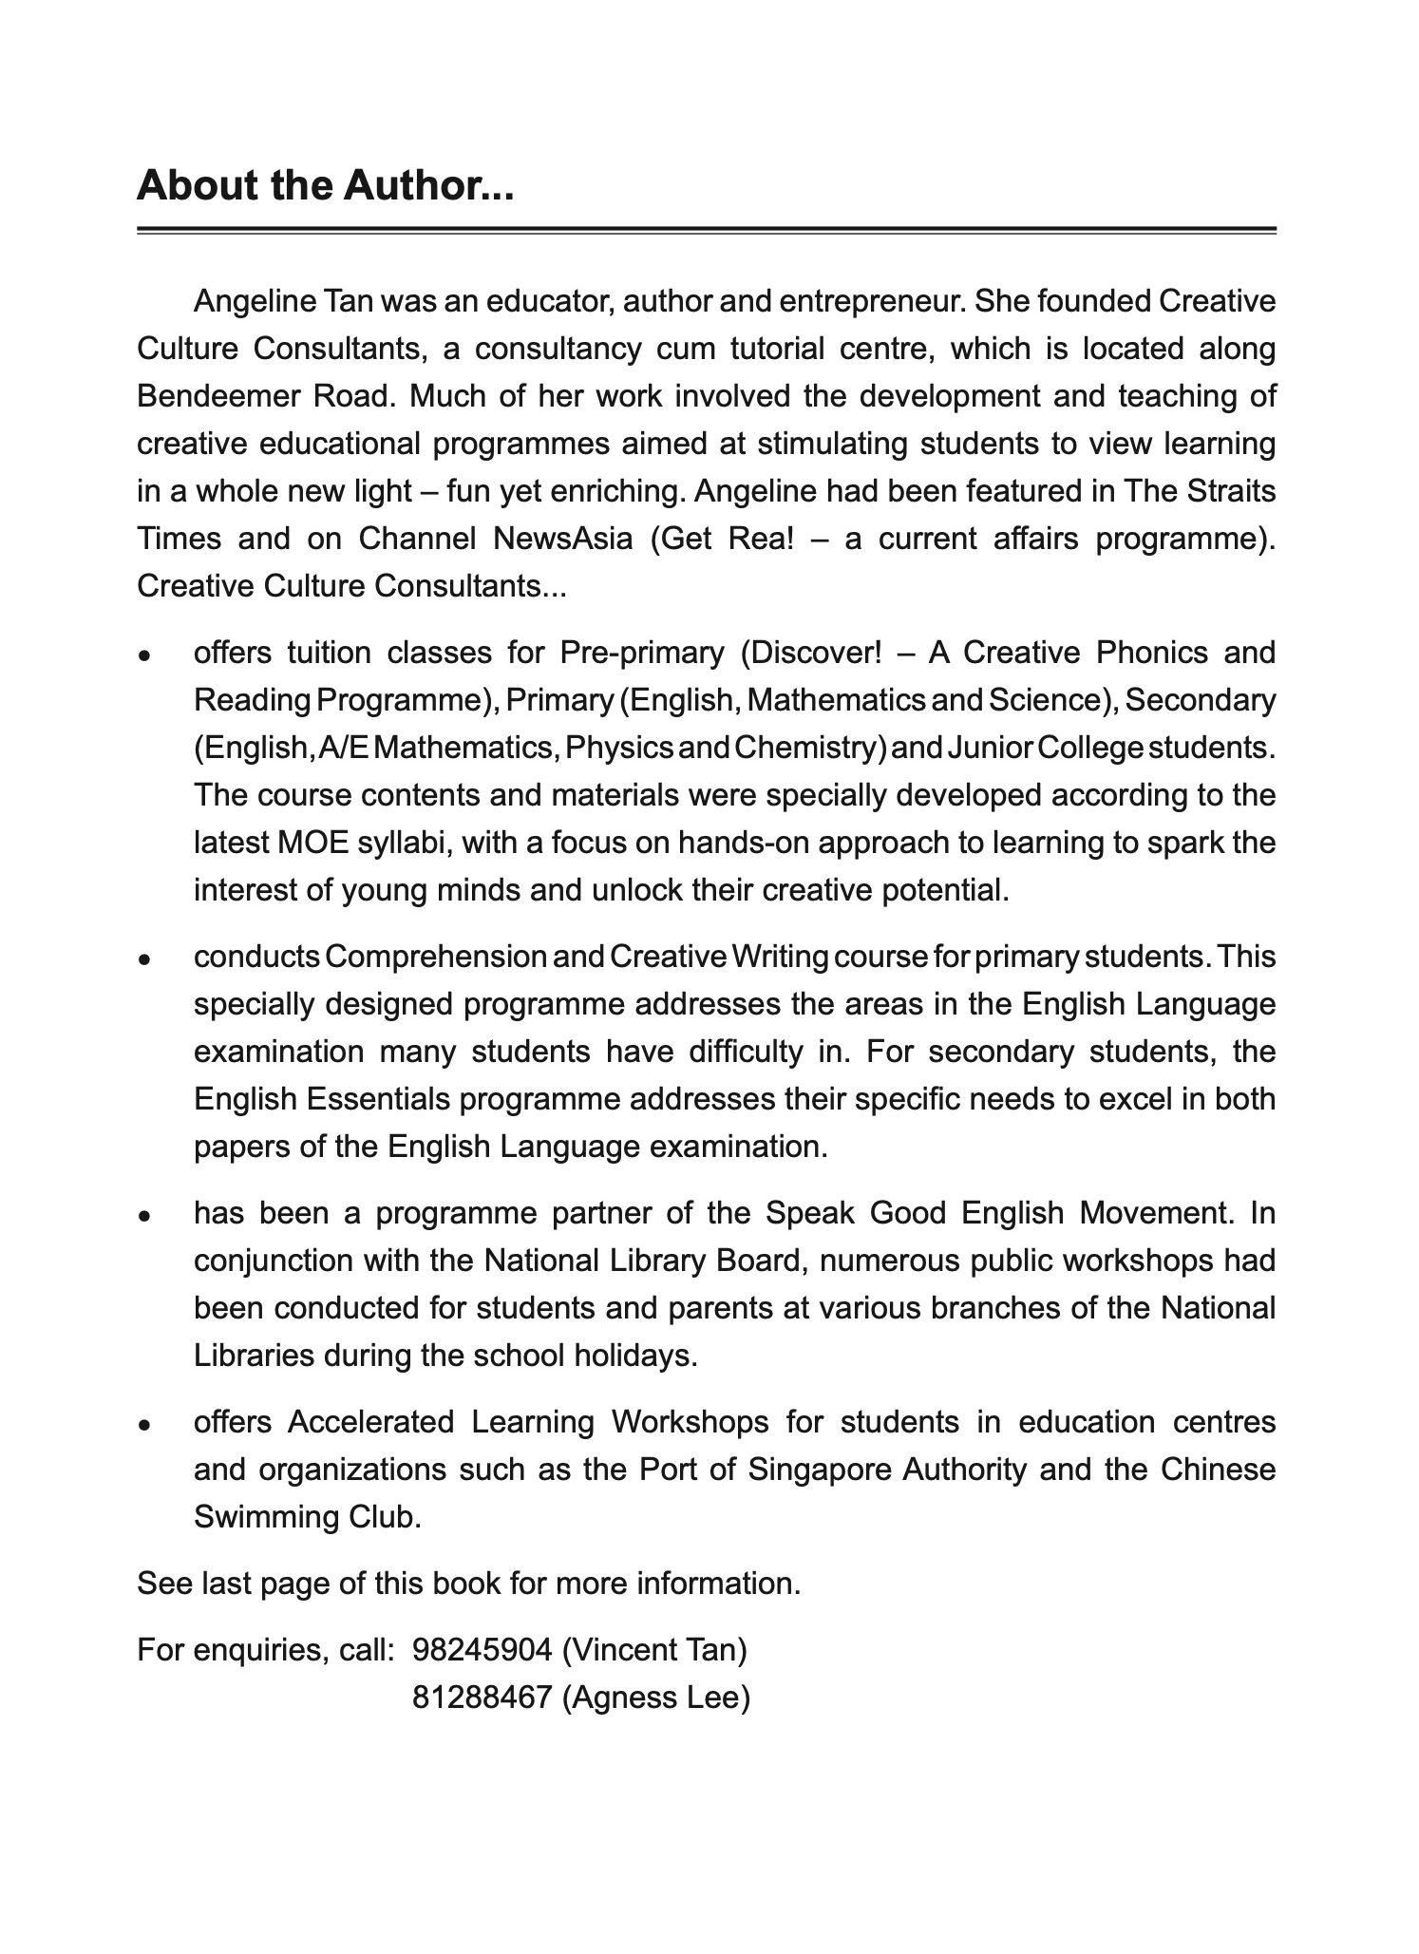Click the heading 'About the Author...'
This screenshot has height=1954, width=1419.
[x=325, y=185]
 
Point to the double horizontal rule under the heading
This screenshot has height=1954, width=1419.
[x=706, y=230]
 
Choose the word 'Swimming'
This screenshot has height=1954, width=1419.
[x=258, y=1517]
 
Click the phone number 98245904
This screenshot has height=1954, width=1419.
[x=482, y=1650]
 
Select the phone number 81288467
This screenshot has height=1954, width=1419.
[x=482, y=1698]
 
